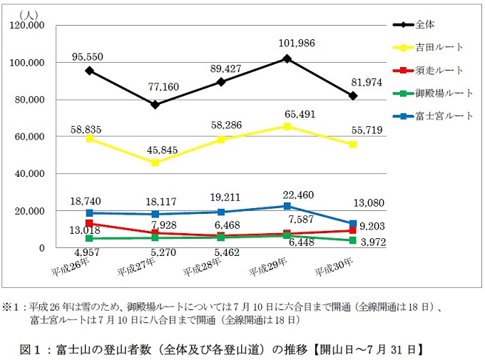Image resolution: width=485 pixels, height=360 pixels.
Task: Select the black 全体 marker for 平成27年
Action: [x=155, y=105]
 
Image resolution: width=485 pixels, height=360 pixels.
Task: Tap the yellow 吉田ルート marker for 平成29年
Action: [x=287, y=126]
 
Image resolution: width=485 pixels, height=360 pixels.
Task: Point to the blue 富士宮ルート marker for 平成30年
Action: [x=353, y=224]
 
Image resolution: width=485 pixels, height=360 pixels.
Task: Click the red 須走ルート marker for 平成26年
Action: [x=89, y=223]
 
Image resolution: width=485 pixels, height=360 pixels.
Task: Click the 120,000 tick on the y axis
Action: [x=29, y=26]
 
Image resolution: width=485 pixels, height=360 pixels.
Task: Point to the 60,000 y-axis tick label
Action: [x=31, y=137]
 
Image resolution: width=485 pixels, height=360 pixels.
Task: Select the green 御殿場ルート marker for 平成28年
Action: [x=221, y=237]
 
